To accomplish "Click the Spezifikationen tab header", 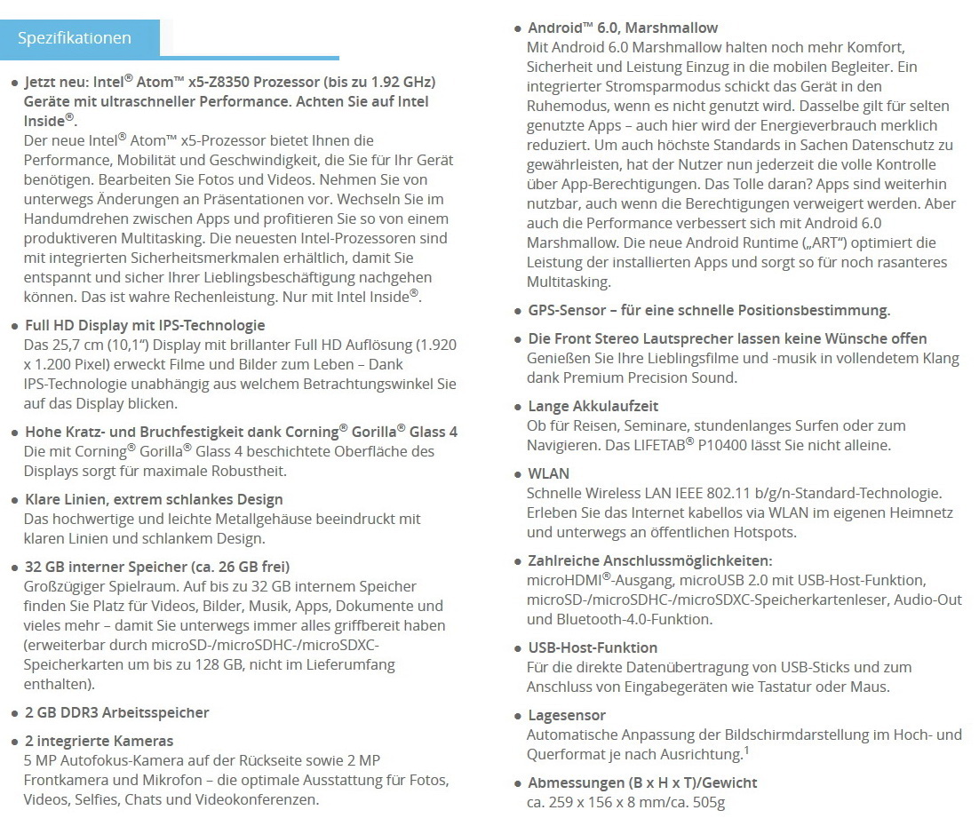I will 75,38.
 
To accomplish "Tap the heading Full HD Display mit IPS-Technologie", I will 145,325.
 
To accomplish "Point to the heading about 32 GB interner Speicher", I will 156,567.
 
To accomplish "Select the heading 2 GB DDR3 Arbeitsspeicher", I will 117,712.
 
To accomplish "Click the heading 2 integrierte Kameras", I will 99,741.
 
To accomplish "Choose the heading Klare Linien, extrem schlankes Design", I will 154,499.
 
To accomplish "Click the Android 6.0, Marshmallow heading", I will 623,28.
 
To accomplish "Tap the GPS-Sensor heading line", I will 708,310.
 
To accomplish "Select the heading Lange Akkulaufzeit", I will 593,406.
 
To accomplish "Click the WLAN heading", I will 549,473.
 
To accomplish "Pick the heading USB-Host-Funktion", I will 593,647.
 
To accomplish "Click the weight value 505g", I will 707,803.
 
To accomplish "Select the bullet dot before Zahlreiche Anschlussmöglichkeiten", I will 518,562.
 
